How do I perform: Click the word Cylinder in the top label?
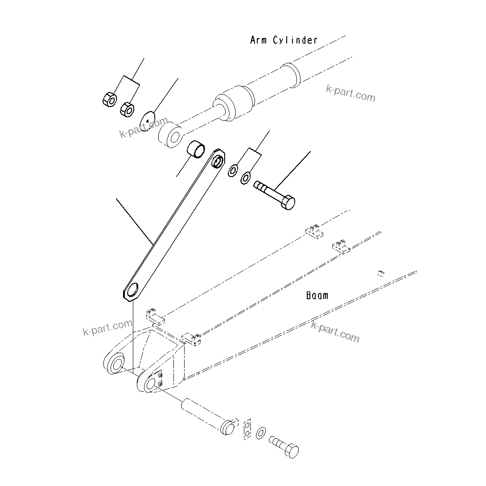tap(296, 40)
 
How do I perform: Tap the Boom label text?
tap(317, 295)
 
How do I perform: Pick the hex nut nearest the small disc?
tap(128, 109)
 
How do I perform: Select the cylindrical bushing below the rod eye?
tap(197, 149)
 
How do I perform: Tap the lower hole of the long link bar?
tap(133, 291)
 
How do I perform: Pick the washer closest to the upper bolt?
tap(245, 179)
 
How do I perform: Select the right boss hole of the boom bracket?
tap(150, 383)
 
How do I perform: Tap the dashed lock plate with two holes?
tap(247, 428)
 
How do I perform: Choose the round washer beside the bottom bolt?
tap(261, 432)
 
